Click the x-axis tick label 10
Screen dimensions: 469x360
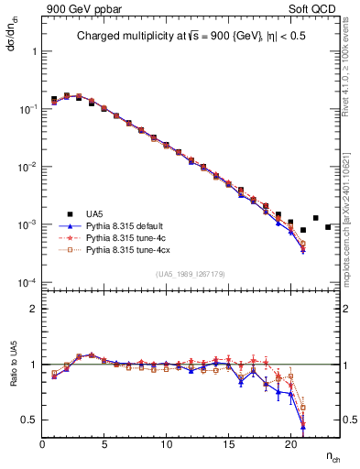tap(166, 444)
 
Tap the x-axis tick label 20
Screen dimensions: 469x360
tap(289, 444)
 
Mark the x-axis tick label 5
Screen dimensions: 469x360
tap(104, 444)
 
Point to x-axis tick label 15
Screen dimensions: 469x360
tap(227, 444)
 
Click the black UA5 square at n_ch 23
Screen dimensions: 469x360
tap(327, 227)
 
